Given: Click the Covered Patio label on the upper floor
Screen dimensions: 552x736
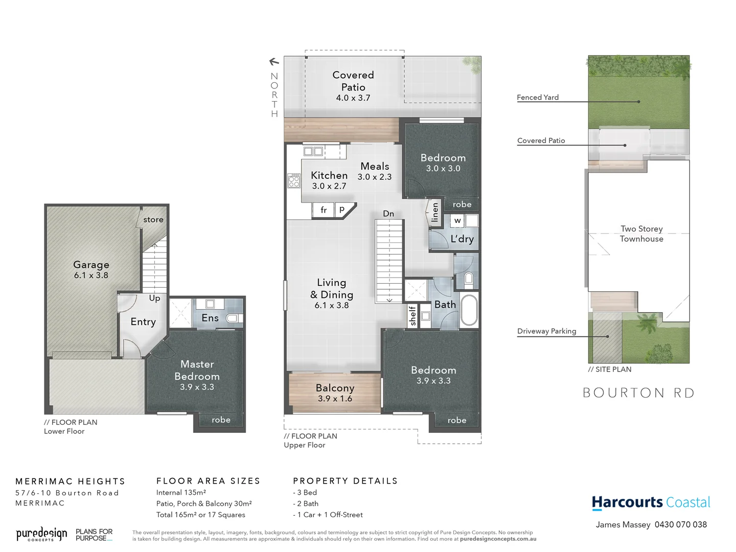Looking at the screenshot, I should pyautogui.click(x=353, y=81).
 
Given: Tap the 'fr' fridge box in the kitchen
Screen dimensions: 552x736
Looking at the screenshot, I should pyautogui.click(x=323, y=210).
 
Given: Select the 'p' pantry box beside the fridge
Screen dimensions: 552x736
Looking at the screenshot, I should pyautogui.click(x=342, y=209).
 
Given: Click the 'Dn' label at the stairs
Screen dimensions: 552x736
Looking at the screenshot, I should pyautogui.click(x=388, y=214).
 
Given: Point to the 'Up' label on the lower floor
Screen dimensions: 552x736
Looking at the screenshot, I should pyautogui.click(x=154, y=298).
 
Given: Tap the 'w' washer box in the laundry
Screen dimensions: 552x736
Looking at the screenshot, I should pyautogui.click(x=457, y=221).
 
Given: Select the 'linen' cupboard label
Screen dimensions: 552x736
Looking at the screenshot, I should pyautogui.click(x=435, y=212).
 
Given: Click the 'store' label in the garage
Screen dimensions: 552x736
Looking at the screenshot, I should pyautogui.click(x=153, y=220).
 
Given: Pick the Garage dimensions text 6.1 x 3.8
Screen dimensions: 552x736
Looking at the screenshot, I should pyautogui.click(x=91, y=275).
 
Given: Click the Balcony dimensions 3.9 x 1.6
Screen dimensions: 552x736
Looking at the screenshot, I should pyautogui.click(x=335, y=399).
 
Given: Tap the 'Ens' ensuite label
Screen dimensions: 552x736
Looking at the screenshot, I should pyautogui.click(x=210, y=318).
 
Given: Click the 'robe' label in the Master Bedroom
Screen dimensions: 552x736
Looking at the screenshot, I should pyautogui.click(x=221, y=420).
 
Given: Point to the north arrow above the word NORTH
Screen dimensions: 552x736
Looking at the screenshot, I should pyautogui.click(x=274, y=62).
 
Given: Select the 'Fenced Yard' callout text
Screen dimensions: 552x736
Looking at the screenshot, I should pyautogui.click(x=538, y=97).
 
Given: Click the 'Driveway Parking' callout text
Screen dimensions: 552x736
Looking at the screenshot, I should pyautogui.click(x=546, y=331).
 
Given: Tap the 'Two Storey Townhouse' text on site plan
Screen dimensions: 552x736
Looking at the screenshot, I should pyautogui.click(x=641, y=234).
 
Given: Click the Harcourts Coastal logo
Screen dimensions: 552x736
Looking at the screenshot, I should pyautogui.click(x=651, y=502).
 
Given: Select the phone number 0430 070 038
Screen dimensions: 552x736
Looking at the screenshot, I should pyautogui.click(x=680, y=524).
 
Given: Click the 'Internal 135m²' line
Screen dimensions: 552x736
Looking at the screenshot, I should pyautogui.click(x=181, y=492).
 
